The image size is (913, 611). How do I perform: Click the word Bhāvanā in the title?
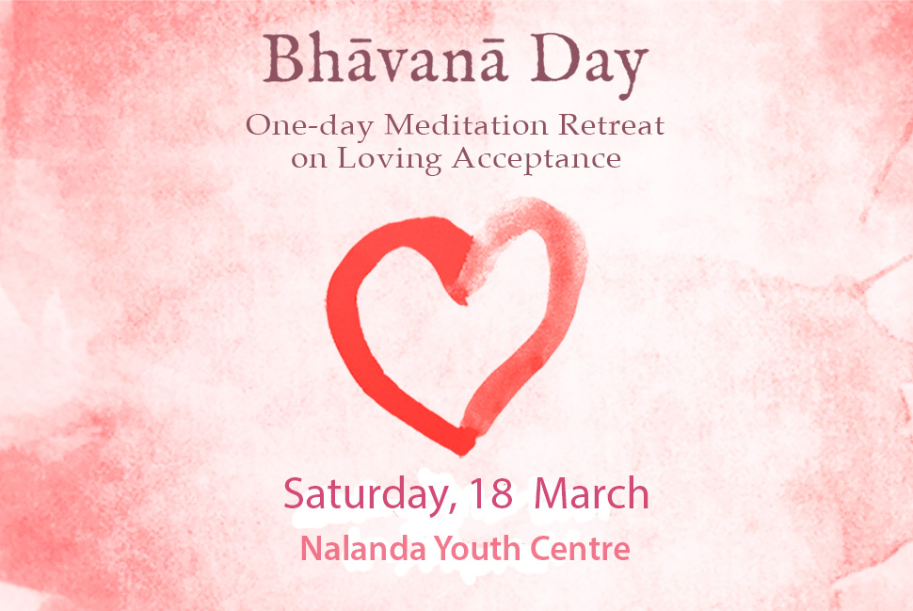[x=385, y=58]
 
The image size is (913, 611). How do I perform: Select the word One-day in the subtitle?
[x=309, y=126]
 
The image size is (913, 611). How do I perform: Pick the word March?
[x=591, y=493]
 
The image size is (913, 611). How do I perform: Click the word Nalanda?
[x=362, y=548]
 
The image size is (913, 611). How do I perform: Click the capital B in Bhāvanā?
[x=283, y=58]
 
